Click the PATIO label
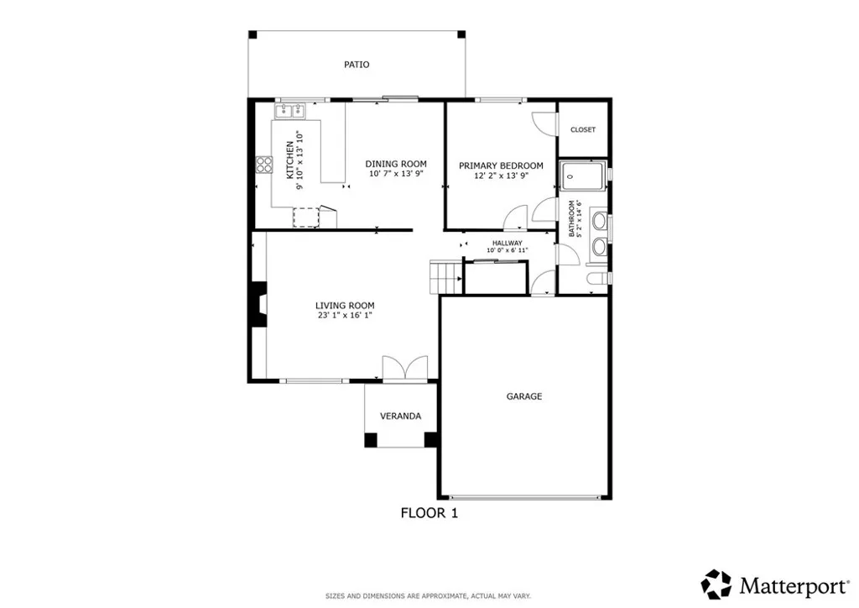[357, 65]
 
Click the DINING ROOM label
[396, 164]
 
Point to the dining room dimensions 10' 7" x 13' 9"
[396, 174]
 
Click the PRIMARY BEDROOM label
[501, 165]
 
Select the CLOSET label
[583, 129]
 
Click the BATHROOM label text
[573, 218]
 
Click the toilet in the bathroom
[594, 279]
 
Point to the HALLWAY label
[507, 243]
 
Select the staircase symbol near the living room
[444, 276]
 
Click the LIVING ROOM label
[345, 306]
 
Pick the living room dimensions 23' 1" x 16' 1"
[345, 316]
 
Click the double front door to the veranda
[404, 370]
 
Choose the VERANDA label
[400, 417]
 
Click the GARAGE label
[524, 396]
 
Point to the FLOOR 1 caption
[429, 512]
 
